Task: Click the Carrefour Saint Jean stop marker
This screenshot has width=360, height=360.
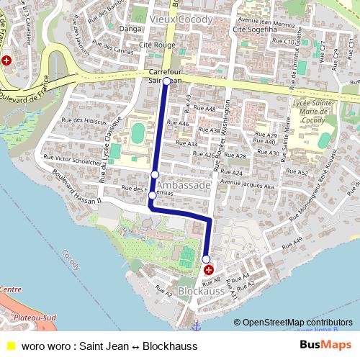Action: [166, 81]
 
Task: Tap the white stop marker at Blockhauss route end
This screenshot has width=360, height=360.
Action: [206, 259]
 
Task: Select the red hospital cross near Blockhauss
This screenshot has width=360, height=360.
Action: [210, 270]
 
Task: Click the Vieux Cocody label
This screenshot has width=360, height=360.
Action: [181, 19]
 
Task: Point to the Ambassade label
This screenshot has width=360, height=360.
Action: [184, 185]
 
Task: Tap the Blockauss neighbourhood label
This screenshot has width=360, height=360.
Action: [202, 292]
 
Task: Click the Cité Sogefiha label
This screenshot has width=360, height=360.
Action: [255, 30]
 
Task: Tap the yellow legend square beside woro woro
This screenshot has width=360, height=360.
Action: [10, 346]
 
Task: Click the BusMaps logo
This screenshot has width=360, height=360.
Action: [324, 345]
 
